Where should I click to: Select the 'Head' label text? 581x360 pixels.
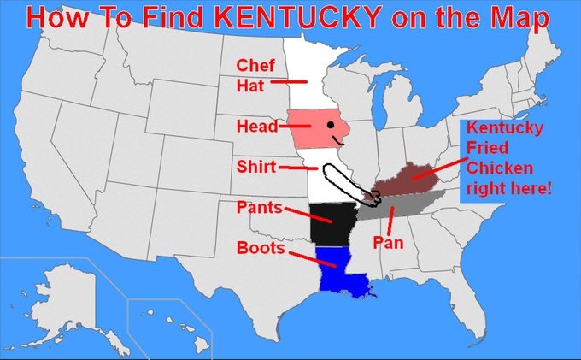(256, 127)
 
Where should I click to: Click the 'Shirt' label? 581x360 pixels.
(256, 167)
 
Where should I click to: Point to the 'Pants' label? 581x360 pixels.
(259, 208)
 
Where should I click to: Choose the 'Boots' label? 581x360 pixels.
(261, 248)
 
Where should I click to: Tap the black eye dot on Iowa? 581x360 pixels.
(329, 126)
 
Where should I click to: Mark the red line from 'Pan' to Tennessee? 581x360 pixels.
(390, 221)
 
